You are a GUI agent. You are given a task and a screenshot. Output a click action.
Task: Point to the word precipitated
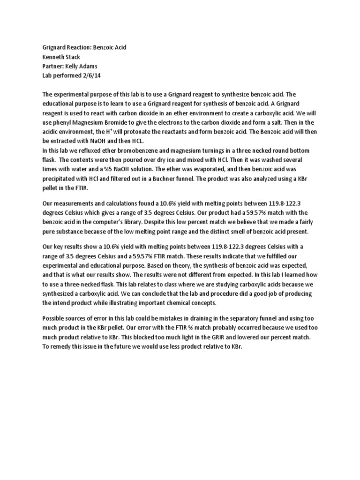[59, 173]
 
